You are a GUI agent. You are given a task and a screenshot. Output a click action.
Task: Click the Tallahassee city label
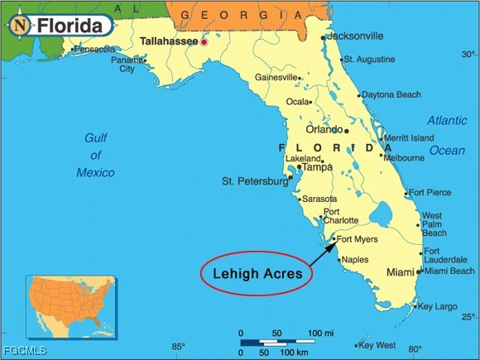pyautogui.click(x=169, y=40)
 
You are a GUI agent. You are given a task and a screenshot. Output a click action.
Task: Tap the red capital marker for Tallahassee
pyautogui.click(x=204, y=41)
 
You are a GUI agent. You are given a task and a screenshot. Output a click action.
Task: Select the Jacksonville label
pyautogui.click(x=355, y=36)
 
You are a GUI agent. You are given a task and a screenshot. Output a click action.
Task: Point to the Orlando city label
pyautogui.click(x=324, y=130)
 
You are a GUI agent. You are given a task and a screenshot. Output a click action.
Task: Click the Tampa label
pyautogui.click(x=316, y=167)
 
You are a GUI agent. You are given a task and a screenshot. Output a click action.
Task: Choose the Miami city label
pyautogui.click(x=401, y=272)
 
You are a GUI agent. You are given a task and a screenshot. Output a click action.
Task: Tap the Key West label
pyautogui.click(x=378, y=345)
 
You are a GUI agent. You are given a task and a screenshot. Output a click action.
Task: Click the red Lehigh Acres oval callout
pyautogui.click(x=257, y=272)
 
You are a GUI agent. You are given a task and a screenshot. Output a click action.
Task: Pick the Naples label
pyautogui.click(x=355, y=260)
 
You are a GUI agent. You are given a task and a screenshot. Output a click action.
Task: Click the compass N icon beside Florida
pyautogui.click(x=19, y=26)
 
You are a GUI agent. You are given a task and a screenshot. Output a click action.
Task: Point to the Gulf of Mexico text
pyautogui.click(x=96, y=155)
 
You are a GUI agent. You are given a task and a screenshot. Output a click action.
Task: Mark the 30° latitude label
pyautogui.click(x=468, y=55)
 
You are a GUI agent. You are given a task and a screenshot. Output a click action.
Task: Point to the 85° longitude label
pyautogui.click(x=179, y=347)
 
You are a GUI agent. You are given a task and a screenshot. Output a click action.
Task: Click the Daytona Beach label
pyautogui.click(x=391, y=95)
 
